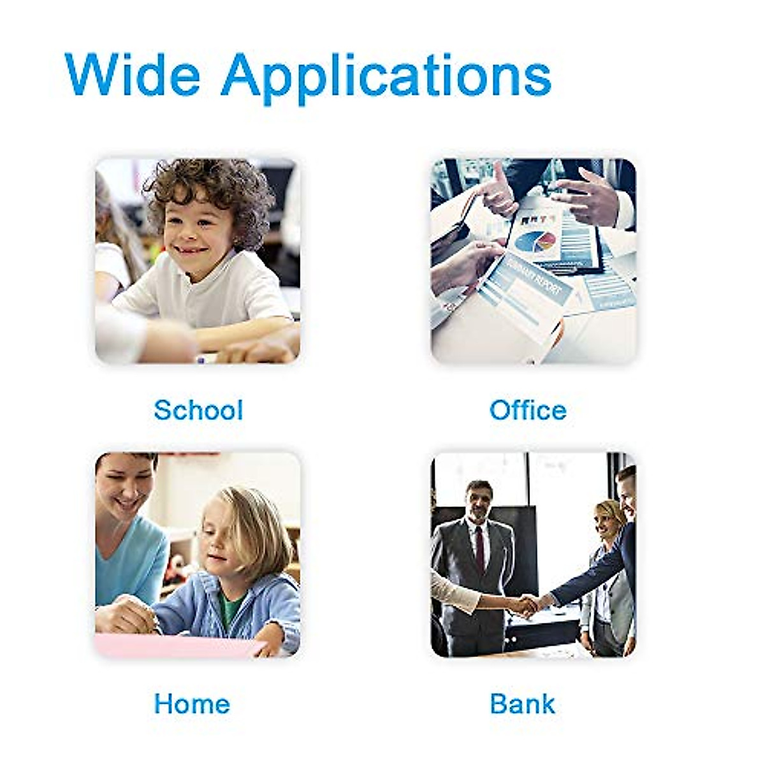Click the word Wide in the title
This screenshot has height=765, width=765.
133,74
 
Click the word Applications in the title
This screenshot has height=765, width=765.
386,78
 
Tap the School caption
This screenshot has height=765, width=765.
198,410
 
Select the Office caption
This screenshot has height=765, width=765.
528,410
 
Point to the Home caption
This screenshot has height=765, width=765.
192,704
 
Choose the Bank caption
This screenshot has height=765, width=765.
523,704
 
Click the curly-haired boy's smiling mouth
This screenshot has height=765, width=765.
194,251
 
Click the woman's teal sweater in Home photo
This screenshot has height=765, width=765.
127,564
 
